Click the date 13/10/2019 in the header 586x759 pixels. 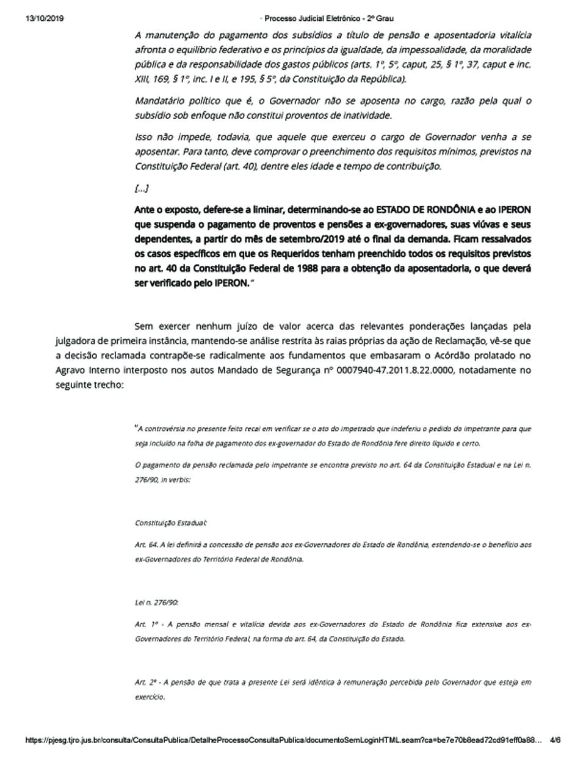tap(45, 18)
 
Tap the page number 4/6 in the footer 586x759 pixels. tap(555, 740)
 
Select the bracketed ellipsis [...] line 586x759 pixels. tap(142, 188)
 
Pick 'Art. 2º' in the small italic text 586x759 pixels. tap(146, 682)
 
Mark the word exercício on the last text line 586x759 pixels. tap(150, 697)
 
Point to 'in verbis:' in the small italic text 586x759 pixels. tap(176, 480)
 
